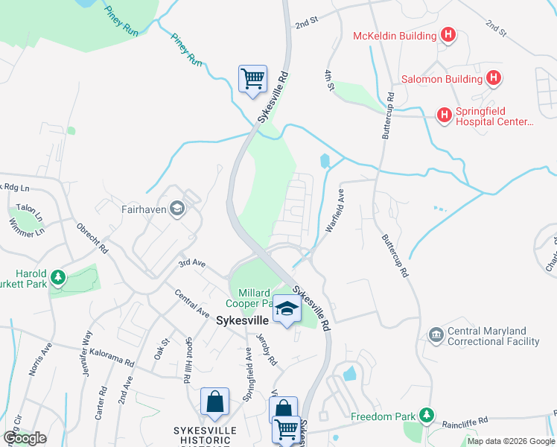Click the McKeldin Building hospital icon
point(448,35)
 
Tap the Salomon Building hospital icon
point(493,77)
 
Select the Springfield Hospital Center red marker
point(444,115)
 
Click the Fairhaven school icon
point(177,209)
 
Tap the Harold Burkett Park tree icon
point(58,279)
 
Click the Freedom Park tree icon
point(426,414)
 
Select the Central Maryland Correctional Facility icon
point(436,337)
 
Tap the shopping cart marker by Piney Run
point(252,78)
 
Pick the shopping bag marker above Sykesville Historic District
point(214,402)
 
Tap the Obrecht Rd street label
point(92,237)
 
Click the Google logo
point(25,437)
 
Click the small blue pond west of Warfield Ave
point(325,160)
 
